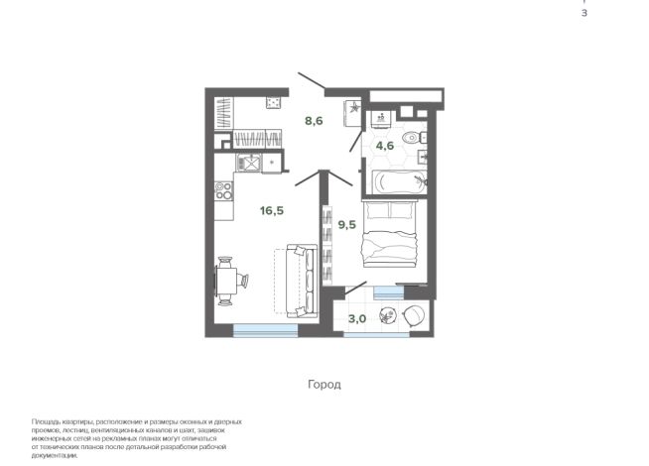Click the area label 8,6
[x=314, y=121]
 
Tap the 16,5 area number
[x=272, y=211]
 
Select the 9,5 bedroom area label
[x=347, y=225]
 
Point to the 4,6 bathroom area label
[x=384, y=146]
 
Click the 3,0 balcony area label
[x=357, y=319]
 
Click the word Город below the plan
[x=324, y=385]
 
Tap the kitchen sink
[x=248, y=162]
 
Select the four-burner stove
[x=223, y=191]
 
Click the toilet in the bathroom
[x=414, y=137]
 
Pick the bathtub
[x=399, y=181]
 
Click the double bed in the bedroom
[x=389, y=234]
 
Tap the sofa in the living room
[x=302, y=281]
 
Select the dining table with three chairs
[x=228, y=281]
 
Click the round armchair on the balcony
[x=414, y=315]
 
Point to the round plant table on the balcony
[x=388, y=316]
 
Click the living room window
[x=265, y=330]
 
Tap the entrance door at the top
[x=312, y=80]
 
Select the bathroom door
[x=356, y=142]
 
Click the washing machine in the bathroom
[x=381, y=119]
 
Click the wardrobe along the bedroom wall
[x=327, y=245]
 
